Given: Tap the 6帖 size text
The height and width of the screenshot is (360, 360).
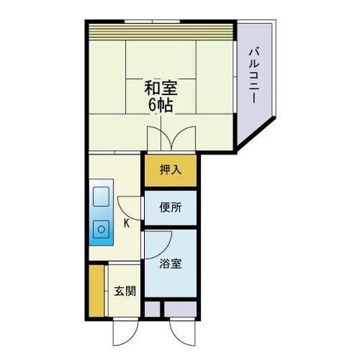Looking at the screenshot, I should [x=160, y=105].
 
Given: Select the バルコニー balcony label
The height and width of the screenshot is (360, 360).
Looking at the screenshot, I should [x=255, y=73].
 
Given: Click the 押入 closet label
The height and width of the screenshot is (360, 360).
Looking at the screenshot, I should [x=170, y=170].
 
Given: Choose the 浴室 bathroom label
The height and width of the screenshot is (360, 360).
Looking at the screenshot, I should [x=170, y=264].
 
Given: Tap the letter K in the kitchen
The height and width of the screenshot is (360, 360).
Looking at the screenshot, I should [x=126, y=223].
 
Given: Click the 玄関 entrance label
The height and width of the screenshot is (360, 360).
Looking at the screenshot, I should [x=124, y=291].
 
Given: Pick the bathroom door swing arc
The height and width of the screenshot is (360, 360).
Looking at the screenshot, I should [x=159, y=240].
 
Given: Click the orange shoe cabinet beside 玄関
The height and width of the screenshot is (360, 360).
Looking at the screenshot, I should [x=96, y=290].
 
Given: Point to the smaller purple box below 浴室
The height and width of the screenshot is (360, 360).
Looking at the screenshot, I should [x=152, y=307].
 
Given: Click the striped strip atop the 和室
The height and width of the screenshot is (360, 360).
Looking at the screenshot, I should [x=161, y=33].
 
